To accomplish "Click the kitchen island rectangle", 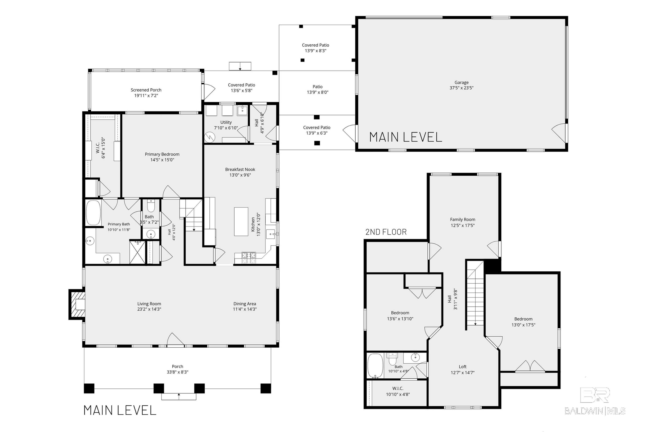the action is pos(241,222).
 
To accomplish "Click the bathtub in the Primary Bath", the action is pos(93,213).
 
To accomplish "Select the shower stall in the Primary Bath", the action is pos(137,252).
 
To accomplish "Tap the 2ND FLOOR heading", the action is pos(386,232).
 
